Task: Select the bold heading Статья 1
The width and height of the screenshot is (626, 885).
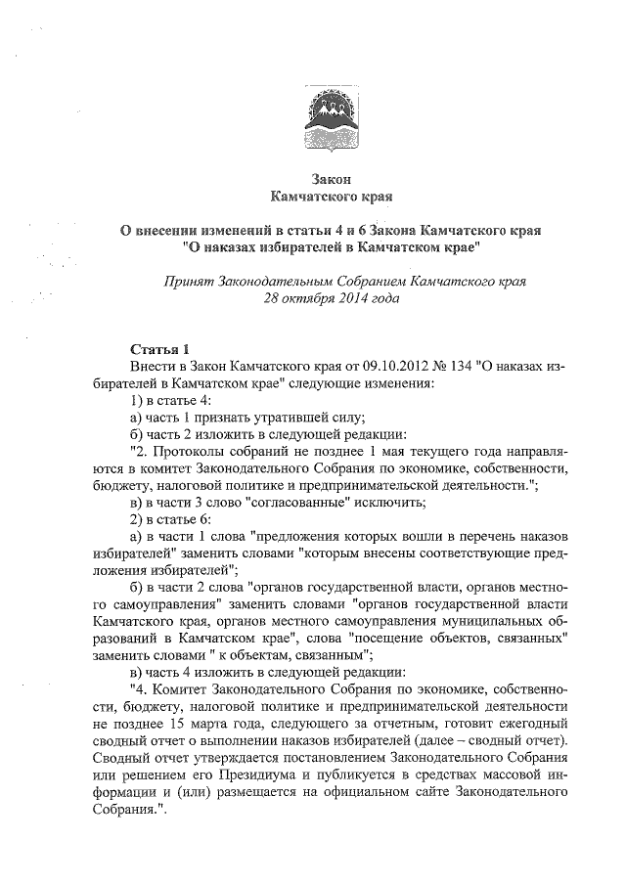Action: [x=156, y=349]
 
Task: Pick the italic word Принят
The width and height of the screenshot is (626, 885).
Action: [x=190, y=281]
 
